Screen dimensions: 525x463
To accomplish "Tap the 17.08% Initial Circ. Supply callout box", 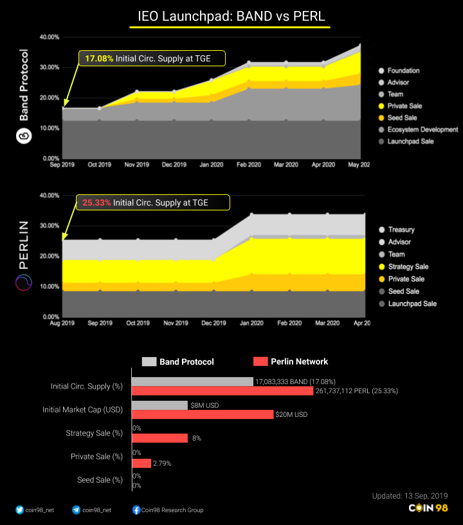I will (x=152, y=59).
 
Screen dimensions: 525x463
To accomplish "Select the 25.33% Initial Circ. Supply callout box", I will (x=152, y=203).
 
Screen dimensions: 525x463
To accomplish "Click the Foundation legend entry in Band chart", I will (x=403, y=71).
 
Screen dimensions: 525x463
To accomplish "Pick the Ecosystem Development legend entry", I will (x=422, y=129).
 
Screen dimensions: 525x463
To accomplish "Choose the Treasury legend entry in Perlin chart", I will (x=401, y=230).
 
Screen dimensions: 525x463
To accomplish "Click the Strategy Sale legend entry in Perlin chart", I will (x=408, y=266).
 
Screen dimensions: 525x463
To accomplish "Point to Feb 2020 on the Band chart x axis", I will (x=249, y=165).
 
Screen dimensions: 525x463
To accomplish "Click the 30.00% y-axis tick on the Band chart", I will (x=50, y=68).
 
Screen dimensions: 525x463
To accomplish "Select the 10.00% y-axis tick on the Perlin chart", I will (x=50, y=287).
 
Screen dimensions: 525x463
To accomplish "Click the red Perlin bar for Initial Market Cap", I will (x=202, y=414).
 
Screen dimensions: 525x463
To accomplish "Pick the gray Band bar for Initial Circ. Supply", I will (x=192, y=382).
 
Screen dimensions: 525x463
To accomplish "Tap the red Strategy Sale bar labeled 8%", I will (x=159, y=438).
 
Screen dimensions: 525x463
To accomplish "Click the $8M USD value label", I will (x=205, y=405).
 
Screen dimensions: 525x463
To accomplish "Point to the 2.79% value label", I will (x=162, y=463).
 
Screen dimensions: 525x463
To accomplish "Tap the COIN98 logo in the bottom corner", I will (x=428, y=508).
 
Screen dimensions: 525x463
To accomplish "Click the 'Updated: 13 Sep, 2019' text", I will (x=410, y=496).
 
